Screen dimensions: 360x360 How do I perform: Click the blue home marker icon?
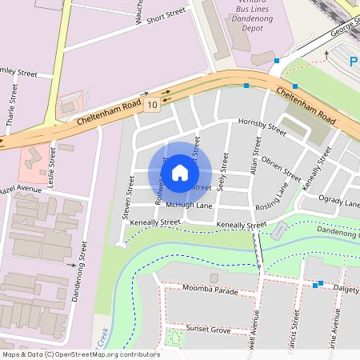[180, 172]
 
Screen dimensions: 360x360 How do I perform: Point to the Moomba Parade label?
[210, 290]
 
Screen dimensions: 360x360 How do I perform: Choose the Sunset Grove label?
[208, 330]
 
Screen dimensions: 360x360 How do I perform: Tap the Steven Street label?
[128, 198]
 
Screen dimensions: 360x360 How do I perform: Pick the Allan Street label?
[255, 157]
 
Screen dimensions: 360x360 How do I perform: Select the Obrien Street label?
[281, 170]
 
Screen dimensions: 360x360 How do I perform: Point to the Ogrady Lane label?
[339, 201]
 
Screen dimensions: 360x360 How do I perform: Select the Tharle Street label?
[10, 110]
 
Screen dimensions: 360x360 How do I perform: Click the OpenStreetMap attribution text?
[80, 354]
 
